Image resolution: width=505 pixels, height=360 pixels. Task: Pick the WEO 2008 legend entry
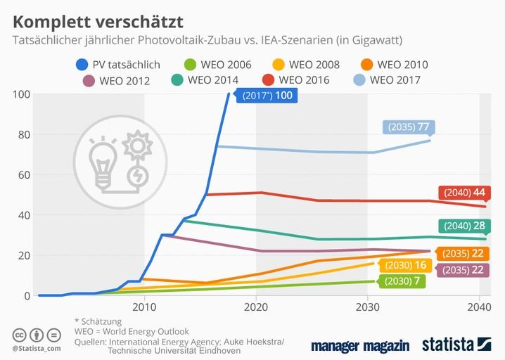click(x=307, y=65)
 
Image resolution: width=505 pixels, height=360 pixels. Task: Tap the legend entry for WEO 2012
click(x=117, y=80)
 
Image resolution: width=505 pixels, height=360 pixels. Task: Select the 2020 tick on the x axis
click(x=255, y=307)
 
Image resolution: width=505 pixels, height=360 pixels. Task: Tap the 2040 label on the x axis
click(x=479, y=307)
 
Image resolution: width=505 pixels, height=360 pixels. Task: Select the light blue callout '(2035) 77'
click(x=409, y=127)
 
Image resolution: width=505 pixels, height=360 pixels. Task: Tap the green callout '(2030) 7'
click(x=403, y=281)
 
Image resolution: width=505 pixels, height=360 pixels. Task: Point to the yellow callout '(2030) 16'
click(x=405, y=266)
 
